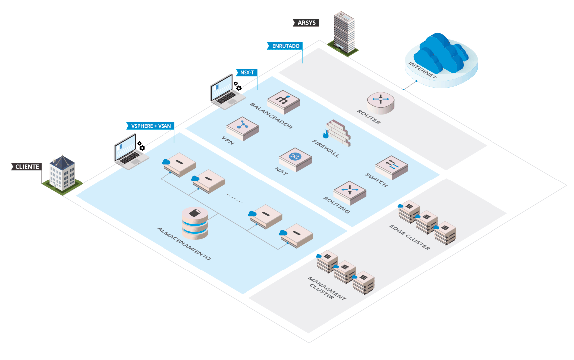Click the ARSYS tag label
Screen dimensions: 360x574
click(306, 22)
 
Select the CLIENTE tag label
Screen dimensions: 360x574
click(27, 166)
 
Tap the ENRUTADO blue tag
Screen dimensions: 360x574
click(285, 46)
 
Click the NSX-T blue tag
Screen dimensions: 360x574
click(247, 73)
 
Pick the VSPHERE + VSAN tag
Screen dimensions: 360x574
click(151, 126)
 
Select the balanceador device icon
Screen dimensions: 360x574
click(284, 101)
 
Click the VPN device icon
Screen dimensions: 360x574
click(243, 128)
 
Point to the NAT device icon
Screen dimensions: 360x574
click(296, 159)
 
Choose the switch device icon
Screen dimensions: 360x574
click(392, 166)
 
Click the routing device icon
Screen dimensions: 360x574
click(350, 192)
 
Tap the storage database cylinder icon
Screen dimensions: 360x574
click(194, 223)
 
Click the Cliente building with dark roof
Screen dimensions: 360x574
click(62, 174)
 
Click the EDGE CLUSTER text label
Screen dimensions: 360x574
click(410, 237)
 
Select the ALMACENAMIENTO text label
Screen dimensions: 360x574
click(184, 244)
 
